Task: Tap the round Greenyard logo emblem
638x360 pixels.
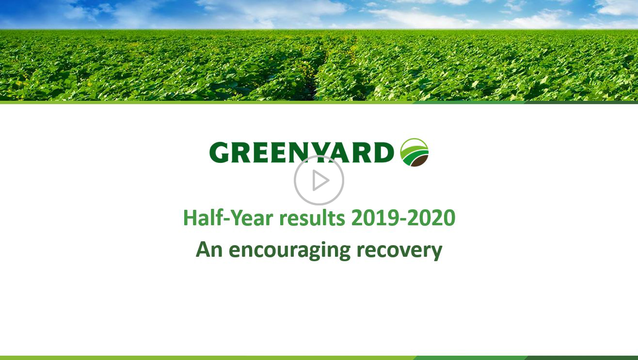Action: pos(415,152)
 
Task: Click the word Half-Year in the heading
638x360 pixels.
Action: pos(228,218)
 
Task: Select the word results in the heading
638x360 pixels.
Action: pos(312,218)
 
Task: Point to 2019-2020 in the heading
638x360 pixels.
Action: pos(403,218)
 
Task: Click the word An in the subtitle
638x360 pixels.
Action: pos(209,250)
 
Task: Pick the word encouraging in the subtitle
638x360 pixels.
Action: pos(289,250)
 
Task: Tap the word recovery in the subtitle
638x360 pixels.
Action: pos(399,250)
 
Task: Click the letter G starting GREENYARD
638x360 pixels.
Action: pos(219,153)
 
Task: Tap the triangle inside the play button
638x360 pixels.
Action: pos(320,180)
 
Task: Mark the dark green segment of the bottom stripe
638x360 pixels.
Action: pos(581,358)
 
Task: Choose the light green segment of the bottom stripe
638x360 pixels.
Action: pos(208,358)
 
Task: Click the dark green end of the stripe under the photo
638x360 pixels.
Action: pos(581,102)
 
